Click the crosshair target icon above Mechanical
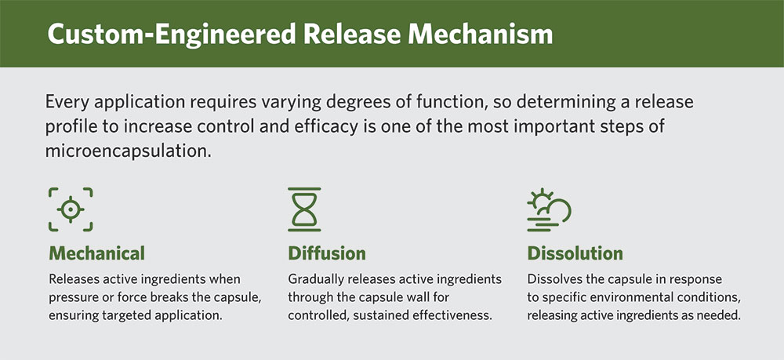(71, 209)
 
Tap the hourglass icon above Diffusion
(305, 209)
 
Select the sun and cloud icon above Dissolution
(548, 209)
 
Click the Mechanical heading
(96, 253)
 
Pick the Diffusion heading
(327, 253)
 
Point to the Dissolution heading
(575, 253)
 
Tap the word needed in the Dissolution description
(719, 315)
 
